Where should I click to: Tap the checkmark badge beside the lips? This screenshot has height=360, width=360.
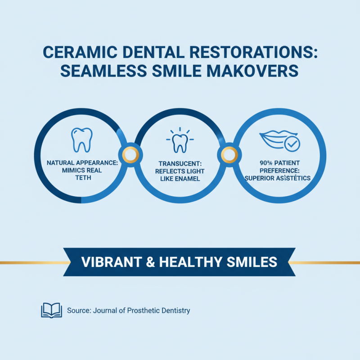[x=292, y=144]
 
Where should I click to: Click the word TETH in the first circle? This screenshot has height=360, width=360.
[x=82, y=178]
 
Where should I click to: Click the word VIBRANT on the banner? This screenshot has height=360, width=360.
[x=105, y=261]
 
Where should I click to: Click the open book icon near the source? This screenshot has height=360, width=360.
[x=51, y=310]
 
